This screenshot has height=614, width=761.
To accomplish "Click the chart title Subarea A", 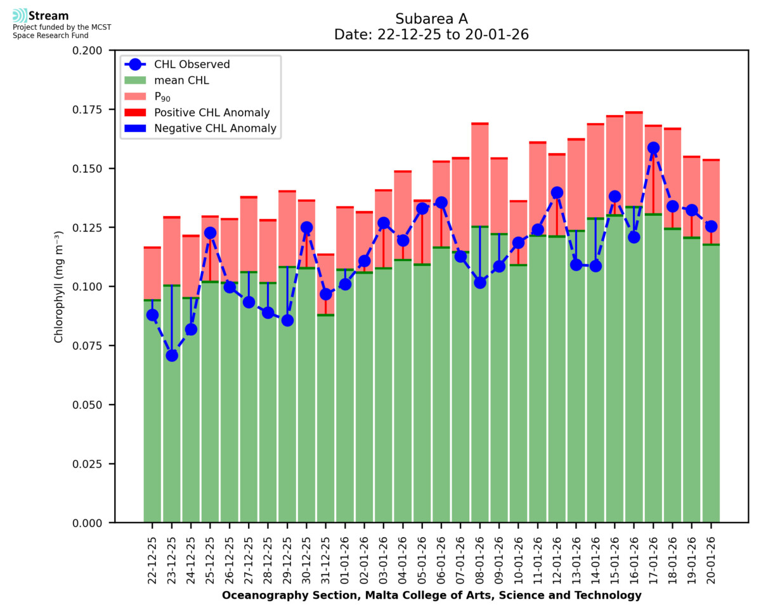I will click(x=431, y=18).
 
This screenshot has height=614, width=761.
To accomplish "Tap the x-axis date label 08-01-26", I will click(x=480, y=556).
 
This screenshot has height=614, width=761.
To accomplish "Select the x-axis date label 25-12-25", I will click(x=211, y=556).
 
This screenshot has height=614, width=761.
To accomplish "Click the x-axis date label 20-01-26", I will click(x=711, y=556).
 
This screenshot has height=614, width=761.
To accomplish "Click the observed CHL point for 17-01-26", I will click(x=653, y=148).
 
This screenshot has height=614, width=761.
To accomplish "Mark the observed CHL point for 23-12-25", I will click(x=172, y=356).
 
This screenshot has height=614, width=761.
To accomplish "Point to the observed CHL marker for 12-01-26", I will click(x=557, y=192).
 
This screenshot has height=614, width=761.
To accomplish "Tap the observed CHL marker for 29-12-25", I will click(x=287, y=320).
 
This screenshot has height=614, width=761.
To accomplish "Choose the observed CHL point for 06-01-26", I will click(x=441, y=203).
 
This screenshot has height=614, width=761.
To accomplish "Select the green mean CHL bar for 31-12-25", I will click(x=326, y=419).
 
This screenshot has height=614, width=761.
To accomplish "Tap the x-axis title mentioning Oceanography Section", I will click(x=431, y=596).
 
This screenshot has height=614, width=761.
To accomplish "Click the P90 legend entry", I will click(x=162, y=97).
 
